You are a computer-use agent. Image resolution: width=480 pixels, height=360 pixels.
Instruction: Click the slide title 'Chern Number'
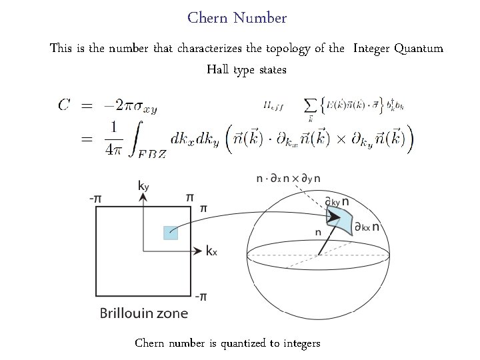click(x=237, y=18)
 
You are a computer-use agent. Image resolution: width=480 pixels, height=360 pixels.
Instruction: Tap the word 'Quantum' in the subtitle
click(x=418, y=49)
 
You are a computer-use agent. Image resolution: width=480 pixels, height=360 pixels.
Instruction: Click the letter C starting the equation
click(x=65, y=105)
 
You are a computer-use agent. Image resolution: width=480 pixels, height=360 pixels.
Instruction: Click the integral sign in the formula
click(x=133, y=139)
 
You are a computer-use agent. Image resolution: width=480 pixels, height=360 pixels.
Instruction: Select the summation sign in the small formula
click(x=310, y=106)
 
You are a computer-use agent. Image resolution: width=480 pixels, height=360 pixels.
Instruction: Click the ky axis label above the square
click(x=143, y=187)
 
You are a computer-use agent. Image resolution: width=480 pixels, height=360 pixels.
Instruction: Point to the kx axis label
click(x=211, y=251)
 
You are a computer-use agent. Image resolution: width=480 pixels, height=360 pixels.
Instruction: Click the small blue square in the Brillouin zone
click(x=171, y=233)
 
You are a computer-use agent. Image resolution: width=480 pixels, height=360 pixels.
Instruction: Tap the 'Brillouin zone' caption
click(x=144, y=313)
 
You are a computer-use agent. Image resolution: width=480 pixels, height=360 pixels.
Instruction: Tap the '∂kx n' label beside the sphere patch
click(x=367, y=227)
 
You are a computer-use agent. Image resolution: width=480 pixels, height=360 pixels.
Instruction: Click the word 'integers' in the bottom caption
click(x=301, y=343)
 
